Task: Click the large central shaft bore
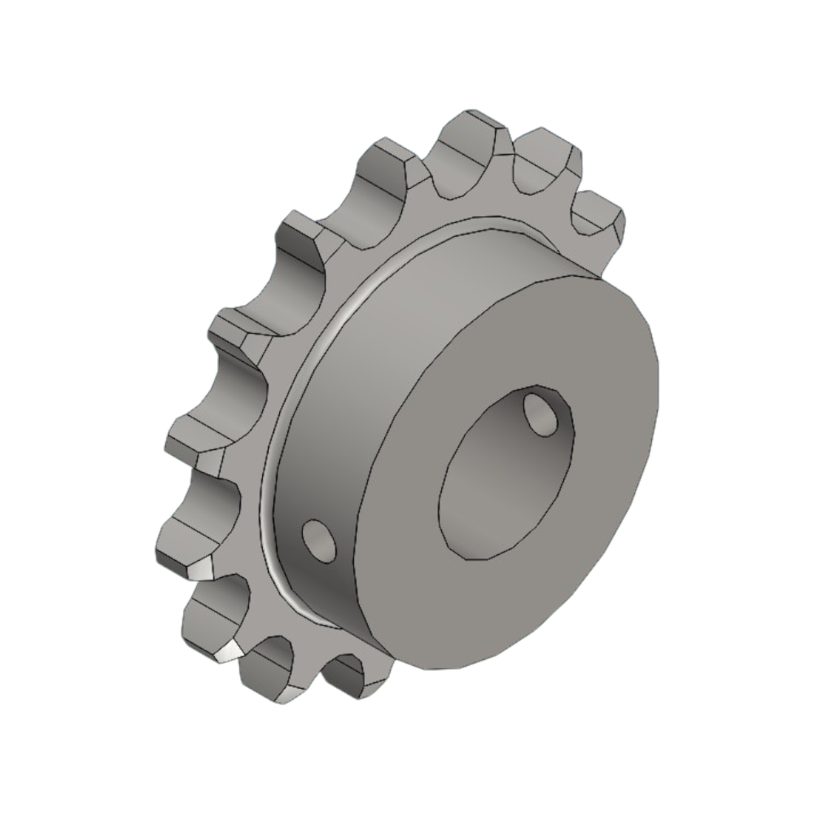[x=497, y=480]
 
